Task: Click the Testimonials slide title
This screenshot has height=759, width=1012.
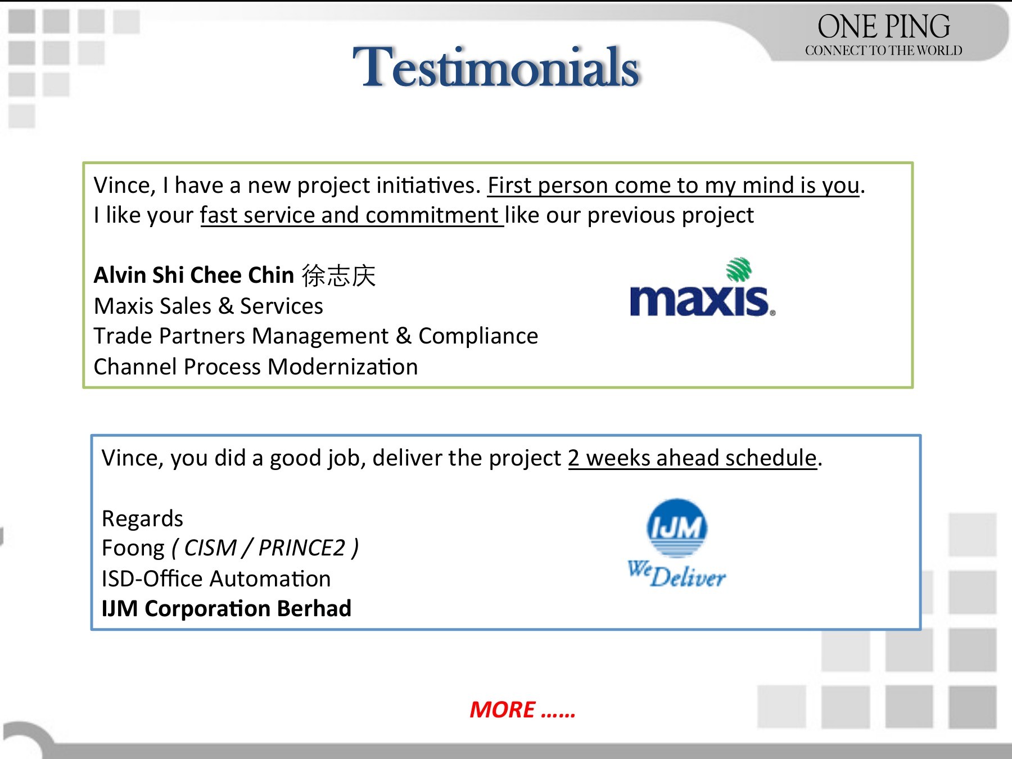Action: [496, 67]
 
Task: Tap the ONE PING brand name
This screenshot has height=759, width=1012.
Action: [884, 26]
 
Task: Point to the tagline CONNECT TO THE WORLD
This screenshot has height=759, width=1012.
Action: [883, 51]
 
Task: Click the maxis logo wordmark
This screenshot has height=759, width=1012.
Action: [702, 301]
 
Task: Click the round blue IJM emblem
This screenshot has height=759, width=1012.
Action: [677, 527]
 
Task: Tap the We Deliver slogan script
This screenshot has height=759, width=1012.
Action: [676, 574]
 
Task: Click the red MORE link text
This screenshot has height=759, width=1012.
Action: [522, 710]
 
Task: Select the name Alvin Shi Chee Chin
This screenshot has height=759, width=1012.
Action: [194, 275]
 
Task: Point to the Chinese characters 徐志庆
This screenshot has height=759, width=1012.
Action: [338, 275]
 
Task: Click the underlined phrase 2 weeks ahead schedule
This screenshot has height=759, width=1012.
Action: [692, 458]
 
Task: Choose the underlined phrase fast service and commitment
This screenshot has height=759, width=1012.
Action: [352, 215]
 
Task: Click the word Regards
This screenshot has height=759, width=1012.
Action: [142, 519]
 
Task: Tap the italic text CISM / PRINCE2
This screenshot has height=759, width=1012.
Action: [265, 548]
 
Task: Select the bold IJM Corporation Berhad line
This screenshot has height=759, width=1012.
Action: [227, 608]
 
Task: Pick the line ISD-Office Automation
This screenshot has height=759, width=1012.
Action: [216, 579]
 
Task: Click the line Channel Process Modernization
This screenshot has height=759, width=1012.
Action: [256, 367]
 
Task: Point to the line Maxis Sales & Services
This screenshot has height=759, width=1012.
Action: [209, 306]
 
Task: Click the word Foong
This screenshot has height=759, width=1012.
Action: [133, 549]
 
